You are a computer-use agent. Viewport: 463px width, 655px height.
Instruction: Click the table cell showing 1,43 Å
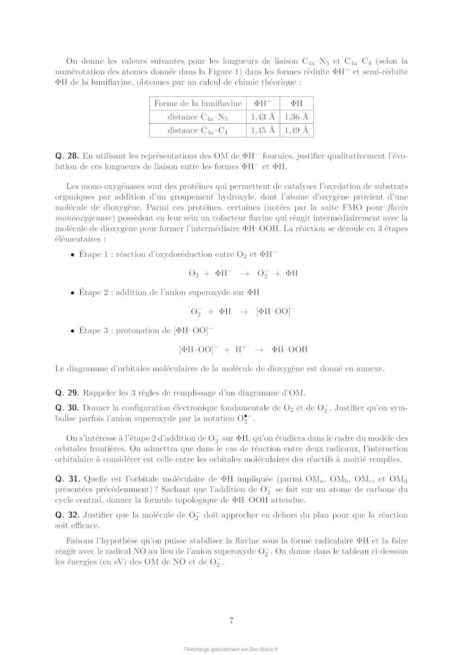pyautogui.click(x=263, y=117)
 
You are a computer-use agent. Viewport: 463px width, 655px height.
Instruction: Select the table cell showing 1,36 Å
pyautogui.click(x=296, y=117)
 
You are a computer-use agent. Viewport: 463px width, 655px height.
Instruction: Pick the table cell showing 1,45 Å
pyautogui.click(x=263, y=130)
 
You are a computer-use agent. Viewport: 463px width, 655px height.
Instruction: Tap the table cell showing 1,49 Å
pyautogui.click(x=296, y=130)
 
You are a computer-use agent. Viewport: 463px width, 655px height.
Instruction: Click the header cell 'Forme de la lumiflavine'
pyautogui.click(x=197, y=103)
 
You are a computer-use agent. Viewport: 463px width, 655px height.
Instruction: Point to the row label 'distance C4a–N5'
pyautogui.click(x=197, y=117)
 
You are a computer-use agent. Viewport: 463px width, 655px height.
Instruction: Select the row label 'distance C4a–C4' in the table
pyautogui.click(x=197, y=131)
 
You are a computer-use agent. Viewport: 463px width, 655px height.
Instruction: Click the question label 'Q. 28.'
pyautogui.click(x=67, y=156)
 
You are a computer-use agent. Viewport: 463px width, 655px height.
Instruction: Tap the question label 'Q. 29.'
pyautogui.click(x=67, y=393)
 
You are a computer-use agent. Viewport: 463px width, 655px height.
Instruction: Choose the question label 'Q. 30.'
pyautogui.click(x=67, y=408)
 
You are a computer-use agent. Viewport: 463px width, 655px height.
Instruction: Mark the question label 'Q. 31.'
pyautogui.click(x=67, y=479)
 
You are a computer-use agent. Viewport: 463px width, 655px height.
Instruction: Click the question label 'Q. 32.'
pyautogui.click(x=67, y=515)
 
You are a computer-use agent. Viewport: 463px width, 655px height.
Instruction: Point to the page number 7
pyautogui.click(x=231, y=621)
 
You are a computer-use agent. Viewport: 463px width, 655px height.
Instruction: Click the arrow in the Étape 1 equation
pyautogui.click(x=245, y=274)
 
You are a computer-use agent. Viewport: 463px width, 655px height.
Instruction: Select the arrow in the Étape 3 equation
pyautogui.click(x=259, y=350)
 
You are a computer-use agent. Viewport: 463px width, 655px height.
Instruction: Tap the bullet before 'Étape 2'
pyautogui.click(x=72, y=293)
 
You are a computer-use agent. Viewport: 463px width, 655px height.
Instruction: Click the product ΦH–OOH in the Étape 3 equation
pyautogui.click(x=290, y=350)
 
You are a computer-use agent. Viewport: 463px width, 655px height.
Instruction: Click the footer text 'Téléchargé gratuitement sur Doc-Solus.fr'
pyautogui.click(x=231, y=649)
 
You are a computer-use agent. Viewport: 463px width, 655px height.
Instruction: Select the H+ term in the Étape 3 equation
pyautogui.click(x=240, y=349)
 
